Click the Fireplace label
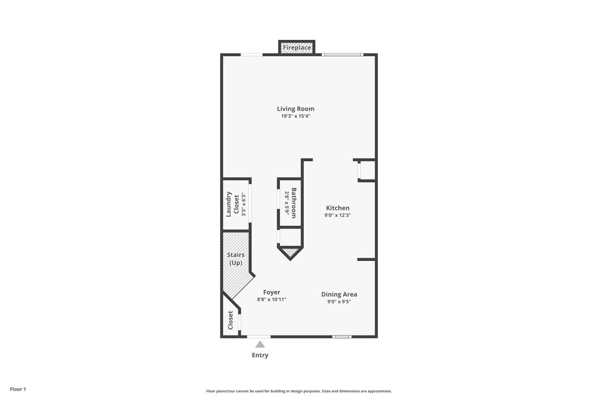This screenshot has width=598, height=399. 297,47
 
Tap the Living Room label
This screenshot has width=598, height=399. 295,109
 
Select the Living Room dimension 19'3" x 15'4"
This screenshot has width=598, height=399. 295,116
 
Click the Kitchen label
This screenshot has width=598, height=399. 338,208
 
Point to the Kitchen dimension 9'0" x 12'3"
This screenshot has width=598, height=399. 338,215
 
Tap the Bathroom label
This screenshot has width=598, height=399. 294,203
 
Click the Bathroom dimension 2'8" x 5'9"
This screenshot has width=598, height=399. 287,203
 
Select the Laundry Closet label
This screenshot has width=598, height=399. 232,204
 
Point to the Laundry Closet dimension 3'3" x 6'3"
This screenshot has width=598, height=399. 243,204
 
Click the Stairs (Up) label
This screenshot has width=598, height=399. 236,259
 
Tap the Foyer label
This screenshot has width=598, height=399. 272,292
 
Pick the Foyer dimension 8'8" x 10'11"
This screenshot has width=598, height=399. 272,300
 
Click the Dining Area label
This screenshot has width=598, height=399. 339,294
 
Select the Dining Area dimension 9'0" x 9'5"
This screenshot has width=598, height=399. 339,302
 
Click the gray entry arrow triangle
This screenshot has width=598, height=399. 260,344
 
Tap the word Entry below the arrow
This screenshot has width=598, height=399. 260,355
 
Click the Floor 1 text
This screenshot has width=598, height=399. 18,389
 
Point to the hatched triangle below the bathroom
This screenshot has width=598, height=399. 291,252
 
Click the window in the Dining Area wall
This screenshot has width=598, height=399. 342,337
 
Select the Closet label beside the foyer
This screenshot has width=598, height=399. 230,320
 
